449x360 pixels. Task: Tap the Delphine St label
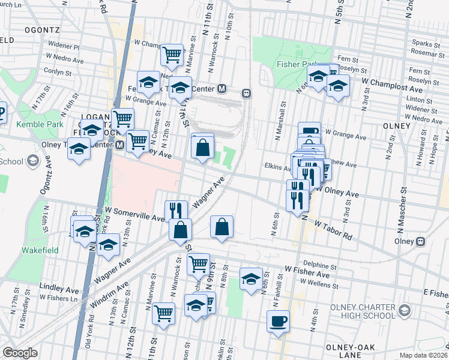319,265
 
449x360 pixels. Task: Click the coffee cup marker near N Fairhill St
278,321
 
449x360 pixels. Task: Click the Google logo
20,353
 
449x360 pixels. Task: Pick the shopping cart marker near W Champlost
172,55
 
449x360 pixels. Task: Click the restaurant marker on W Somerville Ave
176,210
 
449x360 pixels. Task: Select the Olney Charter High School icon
405,310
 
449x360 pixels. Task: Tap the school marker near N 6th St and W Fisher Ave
251,278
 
